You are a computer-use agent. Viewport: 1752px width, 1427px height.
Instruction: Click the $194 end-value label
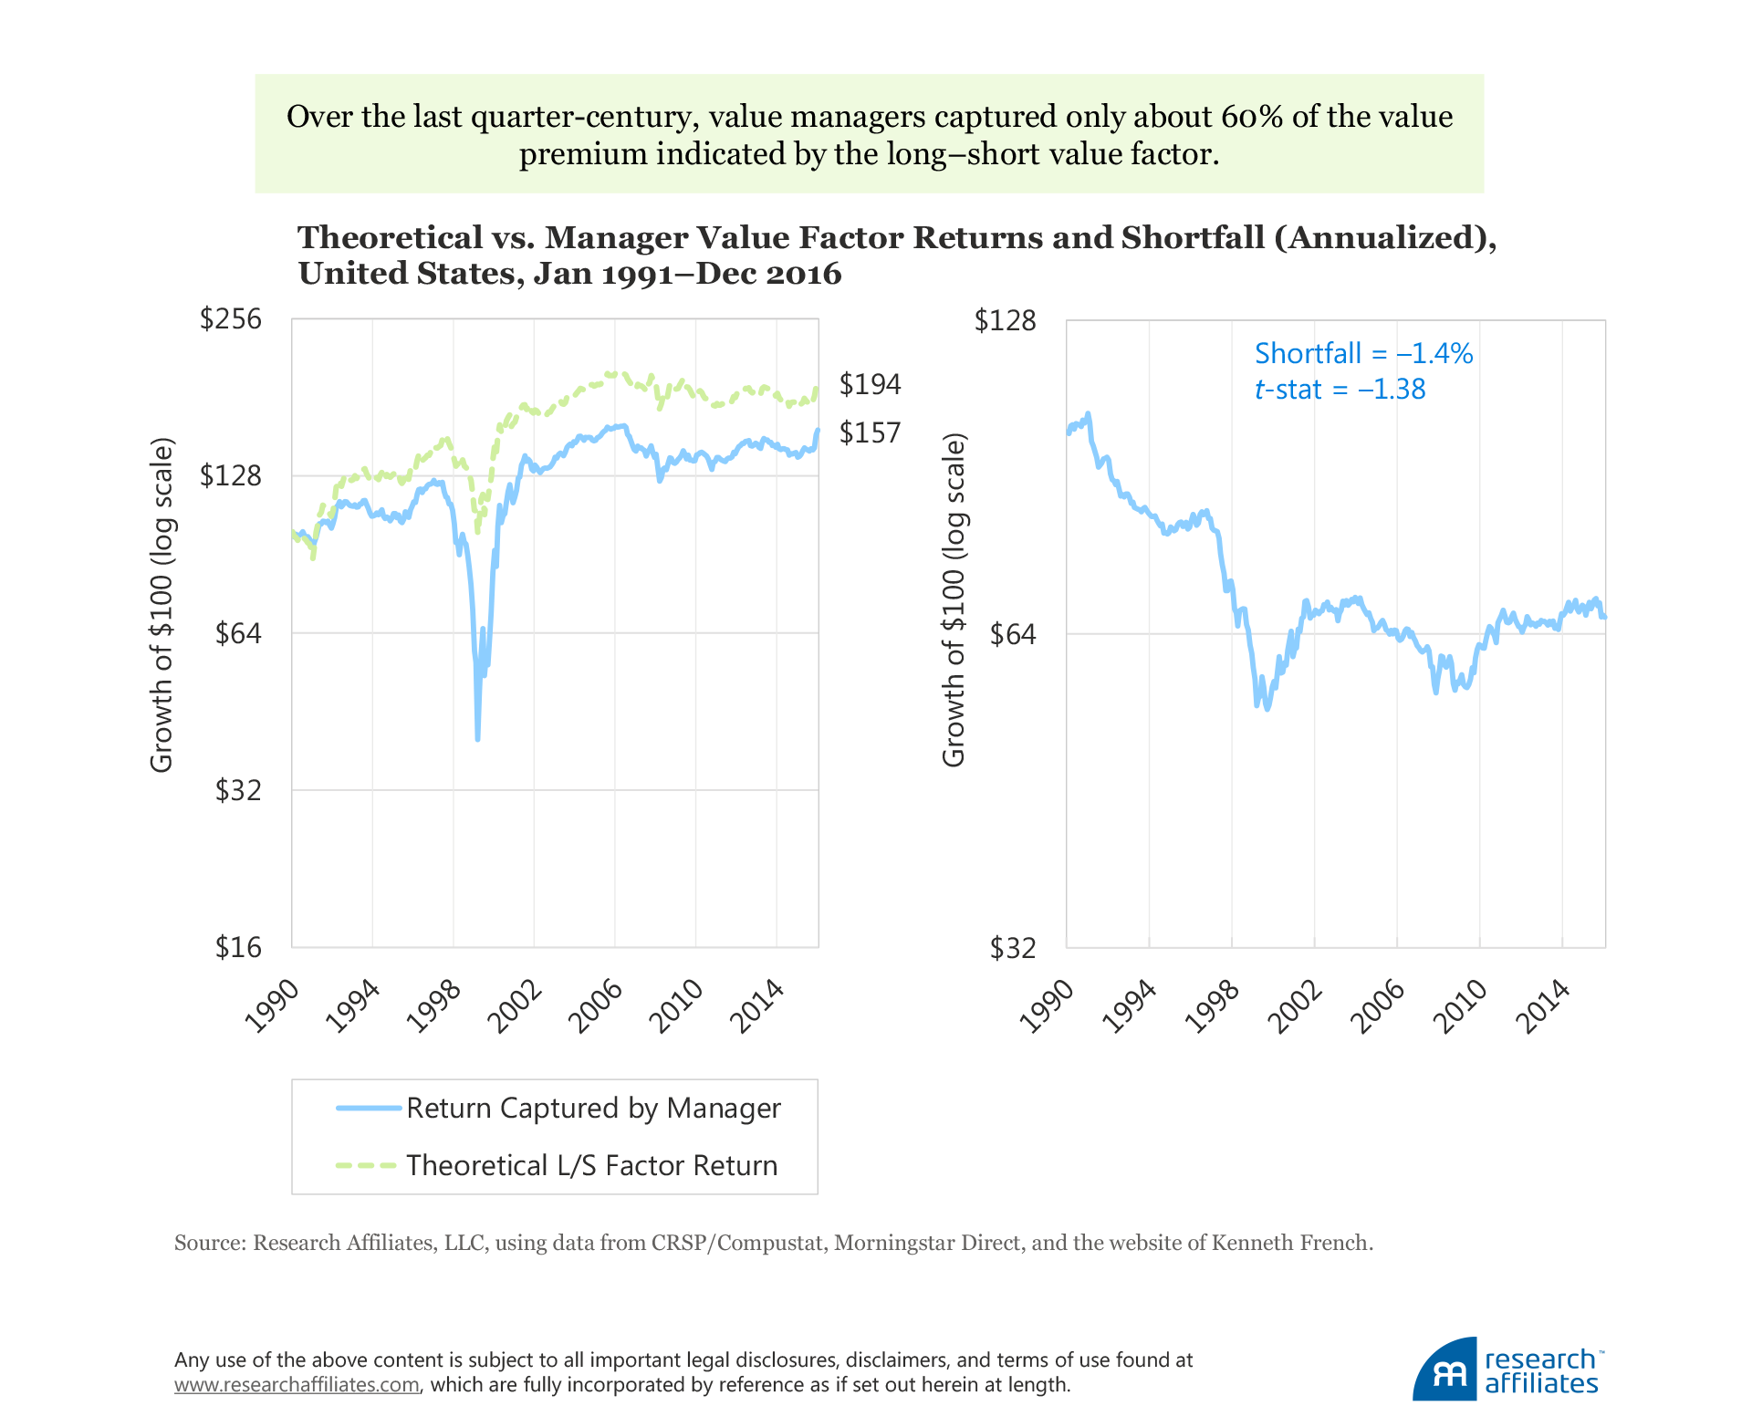870,385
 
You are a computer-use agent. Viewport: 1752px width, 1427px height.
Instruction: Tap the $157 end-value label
870,432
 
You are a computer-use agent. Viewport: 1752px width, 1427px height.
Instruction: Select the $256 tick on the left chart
230,319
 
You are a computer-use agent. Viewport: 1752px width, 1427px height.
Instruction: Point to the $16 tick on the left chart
238,948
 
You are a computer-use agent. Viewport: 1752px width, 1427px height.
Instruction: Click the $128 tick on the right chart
1005,321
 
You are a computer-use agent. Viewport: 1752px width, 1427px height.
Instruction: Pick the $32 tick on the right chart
1013,949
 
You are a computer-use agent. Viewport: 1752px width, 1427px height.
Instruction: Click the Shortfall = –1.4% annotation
1363,354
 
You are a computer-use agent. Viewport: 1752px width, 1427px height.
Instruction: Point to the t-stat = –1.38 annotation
1340,390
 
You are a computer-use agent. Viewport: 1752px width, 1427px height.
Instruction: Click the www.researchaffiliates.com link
297,1385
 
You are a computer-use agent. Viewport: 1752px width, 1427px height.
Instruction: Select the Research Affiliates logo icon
1445,1371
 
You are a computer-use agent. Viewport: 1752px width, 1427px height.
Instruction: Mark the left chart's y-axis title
162,606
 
